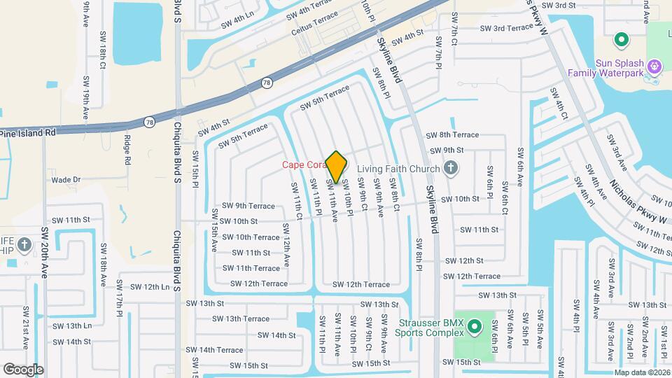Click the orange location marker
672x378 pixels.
[x=337, y=167]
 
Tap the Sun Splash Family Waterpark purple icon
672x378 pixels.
[x=654, y=67]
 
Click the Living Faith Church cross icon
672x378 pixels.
[x=451, y=169]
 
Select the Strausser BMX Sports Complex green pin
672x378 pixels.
[x=474, y=327]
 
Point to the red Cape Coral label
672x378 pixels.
[x=302, y=165]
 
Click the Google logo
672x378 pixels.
[x=23, y=369]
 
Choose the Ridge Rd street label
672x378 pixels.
[x=128, y=150]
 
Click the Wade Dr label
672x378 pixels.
[x=66, y=180]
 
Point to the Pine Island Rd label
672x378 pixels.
[x=27, y=132]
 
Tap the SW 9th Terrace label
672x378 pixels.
[x=248, y=206]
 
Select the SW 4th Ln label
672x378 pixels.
[x=237, y=22]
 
